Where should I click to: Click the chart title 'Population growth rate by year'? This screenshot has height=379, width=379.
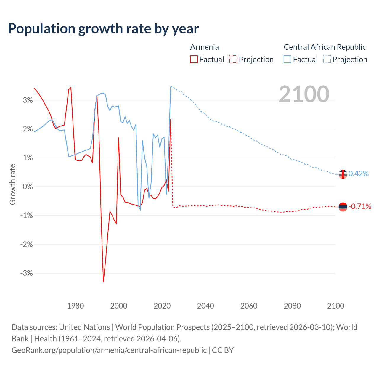[x=103, y=29]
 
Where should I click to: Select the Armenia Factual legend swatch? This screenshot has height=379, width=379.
[x=194, y=60]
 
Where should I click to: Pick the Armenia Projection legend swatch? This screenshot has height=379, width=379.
[x=233, y=60]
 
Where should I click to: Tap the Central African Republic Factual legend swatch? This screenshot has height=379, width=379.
[x=288, y=60]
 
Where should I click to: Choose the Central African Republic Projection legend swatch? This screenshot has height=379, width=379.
[x=327, y=60]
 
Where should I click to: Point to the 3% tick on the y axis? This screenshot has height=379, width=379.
[x=28, y=100]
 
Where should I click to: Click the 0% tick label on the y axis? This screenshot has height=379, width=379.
[x=28, y=187]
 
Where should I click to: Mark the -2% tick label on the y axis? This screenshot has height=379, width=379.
[x=27, y=244]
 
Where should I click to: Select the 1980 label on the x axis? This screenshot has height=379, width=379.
[x=76, y=306]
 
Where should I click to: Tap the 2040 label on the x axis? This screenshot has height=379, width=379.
[x=205, y=306]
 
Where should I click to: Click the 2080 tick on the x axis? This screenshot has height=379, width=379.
[x=292, y=306]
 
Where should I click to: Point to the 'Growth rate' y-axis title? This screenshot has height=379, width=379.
[x=12, y=184]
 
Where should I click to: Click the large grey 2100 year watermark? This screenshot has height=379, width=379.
[x=304, y=94]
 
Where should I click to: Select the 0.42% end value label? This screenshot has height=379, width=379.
[x=359, y=174]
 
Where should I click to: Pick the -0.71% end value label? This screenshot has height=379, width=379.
[x=360, y=206]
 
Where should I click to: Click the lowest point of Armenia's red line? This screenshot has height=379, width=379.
[x=103, y=282]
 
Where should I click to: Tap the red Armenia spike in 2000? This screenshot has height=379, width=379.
[x=118, y=138]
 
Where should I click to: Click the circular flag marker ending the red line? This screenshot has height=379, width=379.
[x=343, y=207]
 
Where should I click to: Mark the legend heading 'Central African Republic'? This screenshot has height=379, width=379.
[x=325, y=47]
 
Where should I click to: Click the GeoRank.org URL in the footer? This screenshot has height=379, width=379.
[x=109, y=350]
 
